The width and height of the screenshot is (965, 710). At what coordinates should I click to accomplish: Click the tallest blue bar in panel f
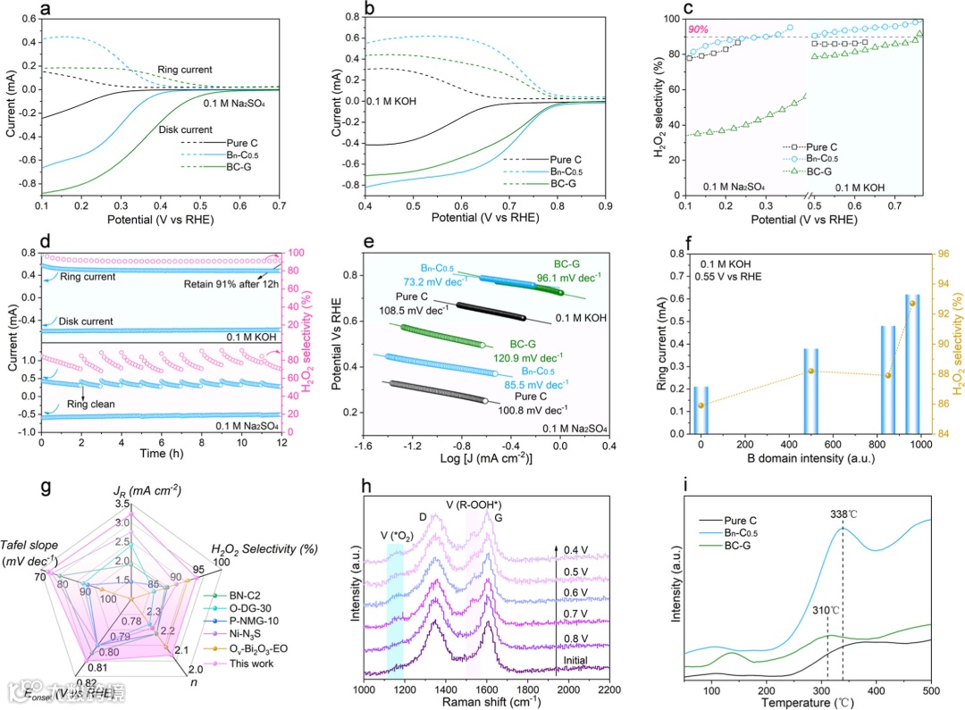point(862,363)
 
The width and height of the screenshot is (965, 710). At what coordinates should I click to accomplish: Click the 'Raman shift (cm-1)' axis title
point(487,705)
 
